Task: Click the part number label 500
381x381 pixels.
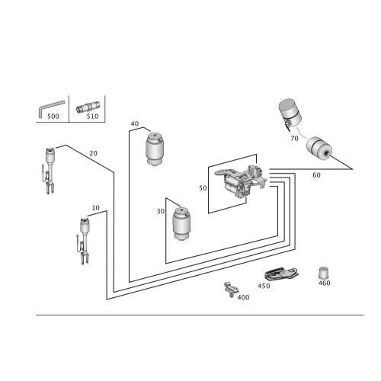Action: click(x=53, y=117)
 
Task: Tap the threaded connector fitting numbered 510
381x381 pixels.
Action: click(x=88, y=107)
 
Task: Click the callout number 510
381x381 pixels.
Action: click(x=92, y=117)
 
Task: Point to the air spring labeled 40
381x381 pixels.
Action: click(x=155, y=149)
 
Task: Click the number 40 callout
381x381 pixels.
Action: click(x=135, y=123)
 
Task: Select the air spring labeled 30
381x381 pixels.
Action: click(x=181, y=224)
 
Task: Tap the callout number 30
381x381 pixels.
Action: click(x=161, y=211)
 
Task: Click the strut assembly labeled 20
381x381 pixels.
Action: click(x=50, y=171)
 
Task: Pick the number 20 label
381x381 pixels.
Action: click(x=93, y=153)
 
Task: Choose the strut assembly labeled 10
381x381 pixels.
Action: click(x=84, y=241)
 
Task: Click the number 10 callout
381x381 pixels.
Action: click(x=95, y=208)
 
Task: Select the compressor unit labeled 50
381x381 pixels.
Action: click(x=240, y=181)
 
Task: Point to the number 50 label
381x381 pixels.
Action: click(x=203, y=188)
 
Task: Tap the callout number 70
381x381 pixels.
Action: click(x=294, y=139)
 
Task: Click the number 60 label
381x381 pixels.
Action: click(x=316, y=175)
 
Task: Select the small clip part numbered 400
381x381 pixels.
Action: click(x=231, y=290)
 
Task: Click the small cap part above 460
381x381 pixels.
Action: click(x=324, y=273)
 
